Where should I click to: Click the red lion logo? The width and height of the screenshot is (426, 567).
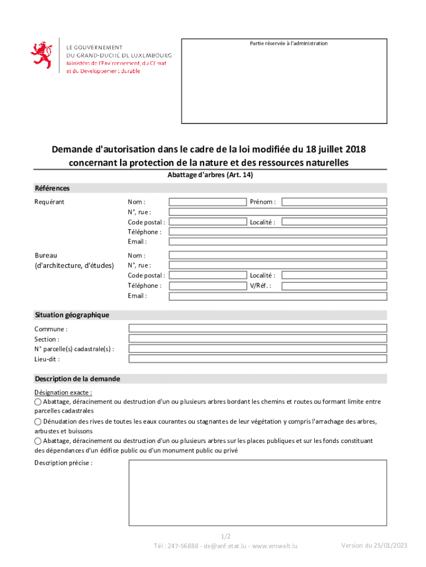(40, 55)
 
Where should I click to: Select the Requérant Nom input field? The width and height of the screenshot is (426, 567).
(207, 202)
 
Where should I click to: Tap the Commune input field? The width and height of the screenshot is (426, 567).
(257, 328)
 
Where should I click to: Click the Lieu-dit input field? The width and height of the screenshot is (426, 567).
(257, 359)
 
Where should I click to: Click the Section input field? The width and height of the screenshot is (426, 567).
(257, 338)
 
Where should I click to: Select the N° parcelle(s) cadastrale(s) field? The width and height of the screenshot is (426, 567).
(257, 348)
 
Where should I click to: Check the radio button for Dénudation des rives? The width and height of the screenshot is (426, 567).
(38, 422)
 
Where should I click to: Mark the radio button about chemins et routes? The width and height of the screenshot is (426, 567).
(38, 402)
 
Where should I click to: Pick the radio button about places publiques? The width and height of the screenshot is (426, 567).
(38, 441)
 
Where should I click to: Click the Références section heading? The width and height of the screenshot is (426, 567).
(52, 188)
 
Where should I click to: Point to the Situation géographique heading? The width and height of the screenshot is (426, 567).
(72, 315)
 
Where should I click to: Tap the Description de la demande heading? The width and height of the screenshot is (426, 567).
(77, 379)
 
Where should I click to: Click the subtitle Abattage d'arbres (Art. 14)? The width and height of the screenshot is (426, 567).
(210, 175)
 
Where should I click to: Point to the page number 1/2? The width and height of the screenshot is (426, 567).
(225, 537)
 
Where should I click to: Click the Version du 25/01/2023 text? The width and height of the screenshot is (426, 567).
(374, 545)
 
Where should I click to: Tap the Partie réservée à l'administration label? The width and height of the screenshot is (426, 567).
(288, 44)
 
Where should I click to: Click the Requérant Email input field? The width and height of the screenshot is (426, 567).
(277, 242)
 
